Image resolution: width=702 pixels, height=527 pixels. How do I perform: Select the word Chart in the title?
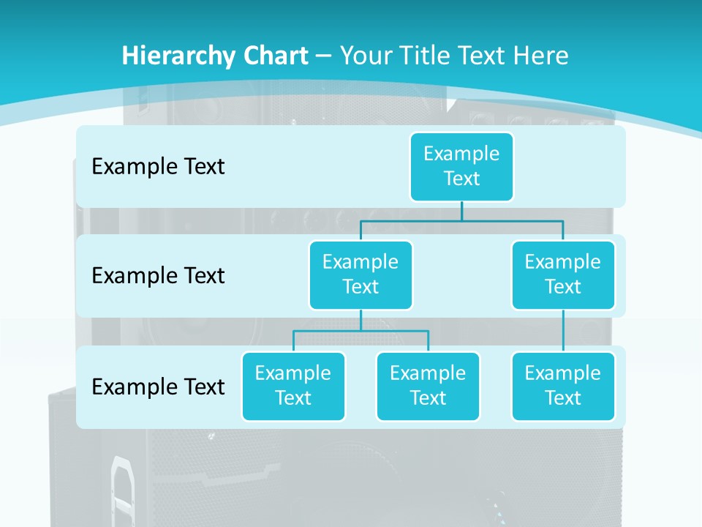[x=273, y=56]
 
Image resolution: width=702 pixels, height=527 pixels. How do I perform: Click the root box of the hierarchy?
[x=461, y=166]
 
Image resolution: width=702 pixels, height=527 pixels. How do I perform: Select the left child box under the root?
[x=361, y=274]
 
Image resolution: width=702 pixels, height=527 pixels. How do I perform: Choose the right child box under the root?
[x=563, y=274]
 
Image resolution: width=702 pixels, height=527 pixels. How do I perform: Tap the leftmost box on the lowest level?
[x=293, y=386]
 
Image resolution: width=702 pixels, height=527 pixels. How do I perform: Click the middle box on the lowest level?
[x=428, y=386]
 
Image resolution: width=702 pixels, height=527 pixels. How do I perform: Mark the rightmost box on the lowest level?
[x=563, y=386]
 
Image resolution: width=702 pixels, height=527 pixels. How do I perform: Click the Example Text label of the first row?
[x=158, y=167]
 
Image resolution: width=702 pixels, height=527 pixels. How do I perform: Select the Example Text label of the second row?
[x=158, y=276]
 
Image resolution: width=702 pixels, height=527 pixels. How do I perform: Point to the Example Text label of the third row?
[x=158, y=386]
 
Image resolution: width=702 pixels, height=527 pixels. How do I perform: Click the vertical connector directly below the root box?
[x=461, y=211]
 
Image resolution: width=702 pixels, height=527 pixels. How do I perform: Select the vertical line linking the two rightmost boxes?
[x=563, y=331]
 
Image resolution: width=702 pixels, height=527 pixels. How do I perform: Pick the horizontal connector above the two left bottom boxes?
[x=361, y=331]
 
